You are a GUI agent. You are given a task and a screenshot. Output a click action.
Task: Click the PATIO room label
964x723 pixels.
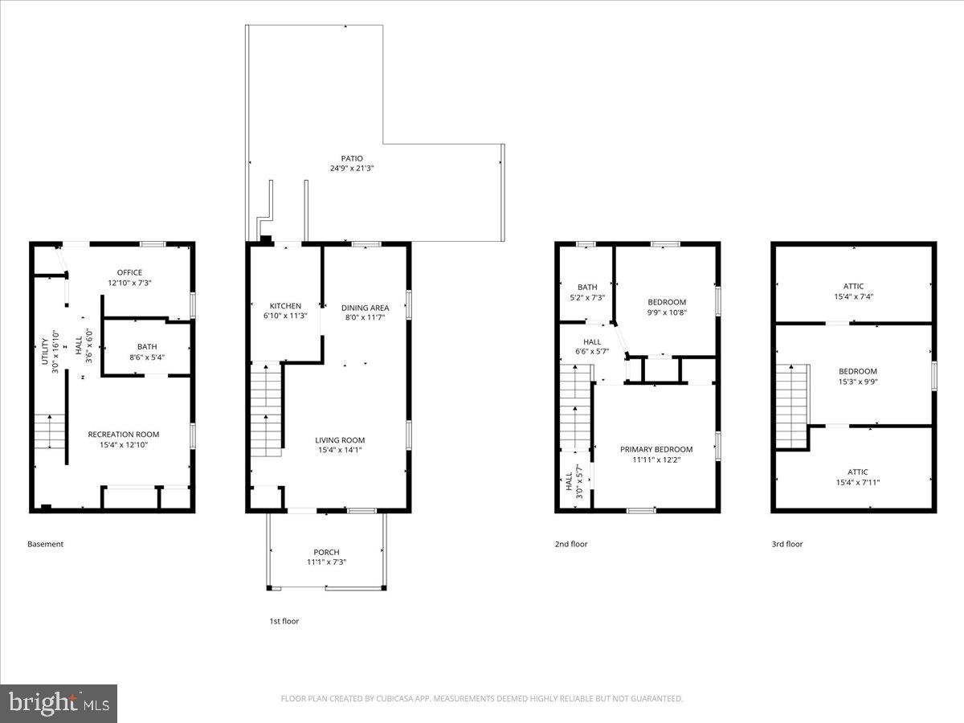pos(352,158)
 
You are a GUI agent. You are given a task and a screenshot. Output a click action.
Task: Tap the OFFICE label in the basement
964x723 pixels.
pos(129,272)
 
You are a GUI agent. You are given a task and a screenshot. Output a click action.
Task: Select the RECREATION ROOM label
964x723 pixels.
pos(124,435)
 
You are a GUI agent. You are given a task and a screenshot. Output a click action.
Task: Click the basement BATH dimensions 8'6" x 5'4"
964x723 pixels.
pos(147,357)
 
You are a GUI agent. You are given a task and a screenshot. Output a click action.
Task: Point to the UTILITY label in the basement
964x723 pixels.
pos(45,348)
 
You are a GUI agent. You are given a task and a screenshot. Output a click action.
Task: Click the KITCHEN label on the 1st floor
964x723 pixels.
pos(285,306)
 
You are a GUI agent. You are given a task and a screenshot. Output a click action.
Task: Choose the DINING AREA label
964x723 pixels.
pos(365,308)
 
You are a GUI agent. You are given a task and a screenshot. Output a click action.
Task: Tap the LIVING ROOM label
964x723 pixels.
pos(340,440)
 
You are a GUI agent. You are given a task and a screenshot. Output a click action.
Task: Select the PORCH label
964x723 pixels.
pos(326,552)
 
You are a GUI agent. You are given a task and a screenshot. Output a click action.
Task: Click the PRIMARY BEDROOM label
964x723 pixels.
pos(656,450)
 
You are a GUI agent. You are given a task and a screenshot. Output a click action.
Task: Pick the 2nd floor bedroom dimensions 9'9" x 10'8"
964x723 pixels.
pos(667,312)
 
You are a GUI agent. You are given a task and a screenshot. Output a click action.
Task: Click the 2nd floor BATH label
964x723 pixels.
pos(587,287)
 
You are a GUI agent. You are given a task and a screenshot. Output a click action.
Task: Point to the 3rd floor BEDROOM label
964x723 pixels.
pos(858,371)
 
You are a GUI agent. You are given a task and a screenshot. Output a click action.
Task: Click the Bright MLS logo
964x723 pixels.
pos(59,704)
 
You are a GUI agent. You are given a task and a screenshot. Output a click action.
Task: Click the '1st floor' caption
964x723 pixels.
pos(284,621)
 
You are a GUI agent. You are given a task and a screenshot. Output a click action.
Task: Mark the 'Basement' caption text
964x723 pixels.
pos(45,544)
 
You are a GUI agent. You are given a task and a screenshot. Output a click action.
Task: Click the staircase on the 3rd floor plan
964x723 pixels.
pos(791,406)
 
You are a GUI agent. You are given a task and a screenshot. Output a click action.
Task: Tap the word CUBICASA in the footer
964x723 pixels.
pos(396,699)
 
